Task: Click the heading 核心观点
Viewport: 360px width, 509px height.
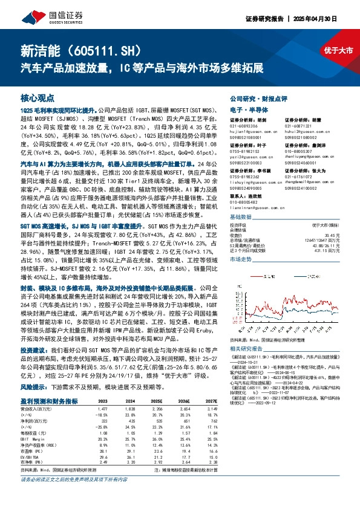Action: point(38,97)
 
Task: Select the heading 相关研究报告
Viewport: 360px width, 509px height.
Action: point(249,349)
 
